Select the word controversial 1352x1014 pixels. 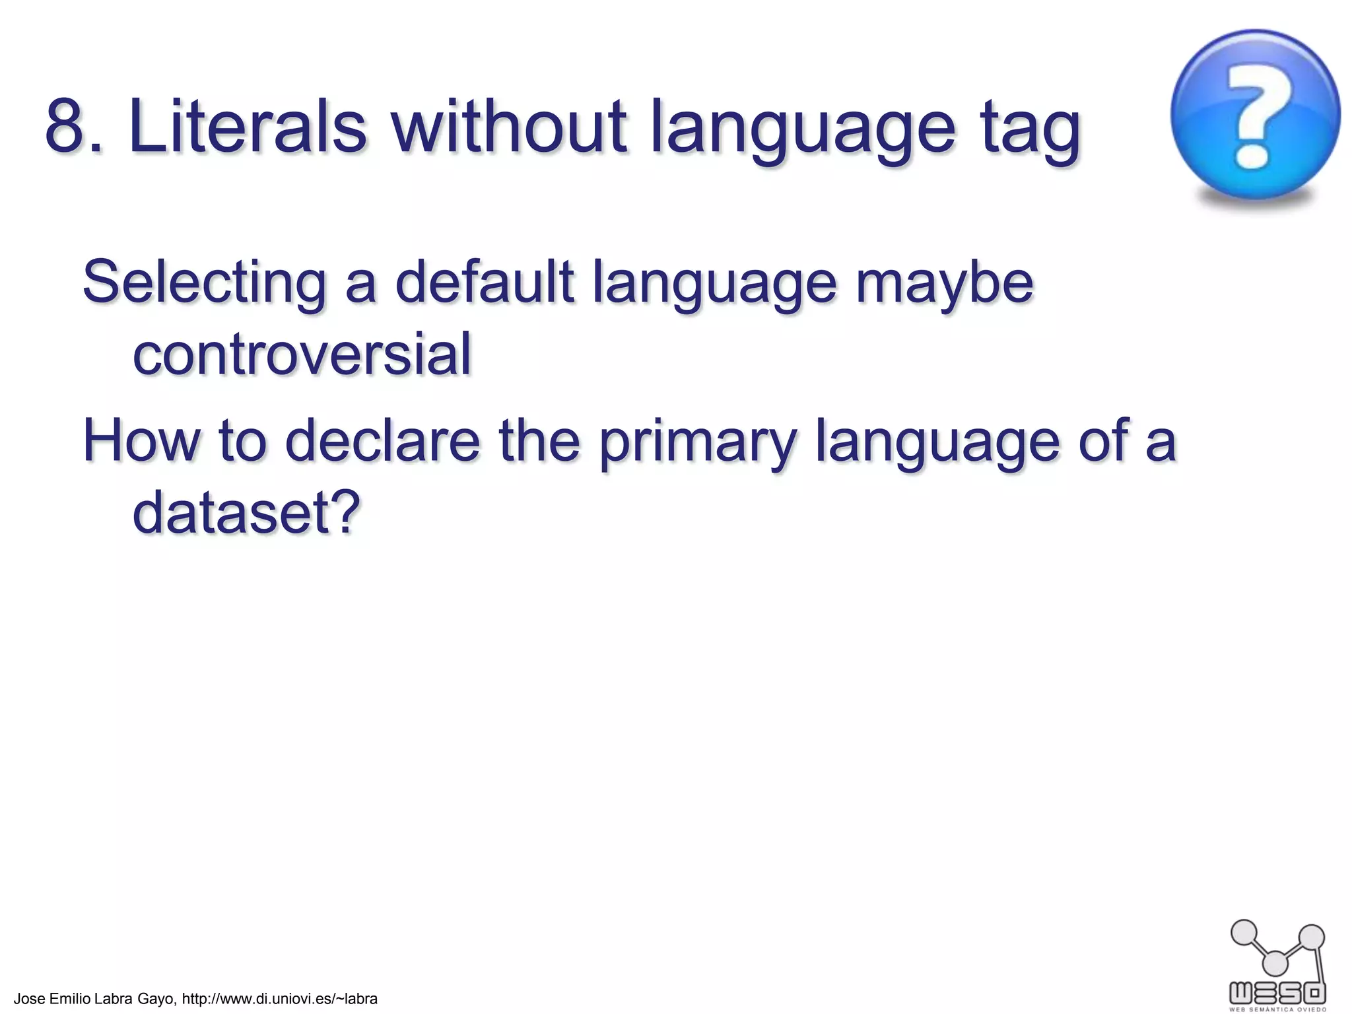[x=302, y=355]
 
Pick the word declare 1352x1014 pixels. [x=382, y=440]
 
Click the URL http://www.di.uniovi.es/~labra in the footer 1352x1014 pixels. [x=279, y=999]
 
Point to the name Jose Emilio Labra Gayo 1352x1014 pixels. [x=94, y=999]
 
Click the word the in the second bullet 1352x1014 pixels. [x=539, y=440]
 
